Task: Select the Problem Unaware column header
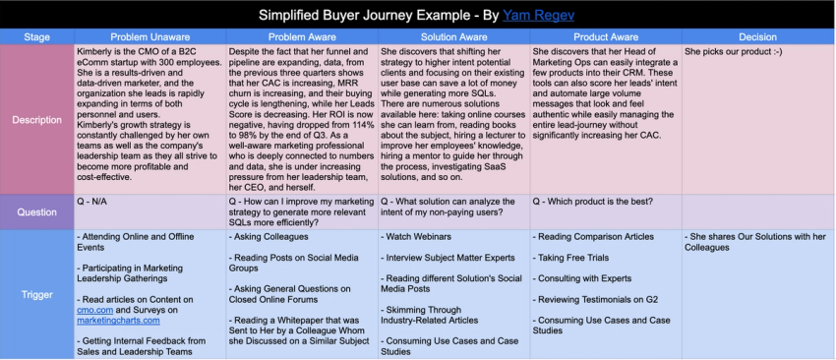(x=149, y=37)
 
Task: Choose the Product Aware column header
(x=605, y=37)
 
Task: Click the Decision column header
(x=757, y=37)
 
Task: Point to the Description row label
(x=36, y=119)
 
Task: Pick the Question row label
(x=36, y=211)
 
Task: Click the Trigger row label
(x=36, y=294)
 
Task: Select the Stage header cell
(x=36, y=37)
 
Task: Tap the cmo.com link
(x=95, y=309)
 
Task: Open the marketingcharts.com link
(x=118, y=320)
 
